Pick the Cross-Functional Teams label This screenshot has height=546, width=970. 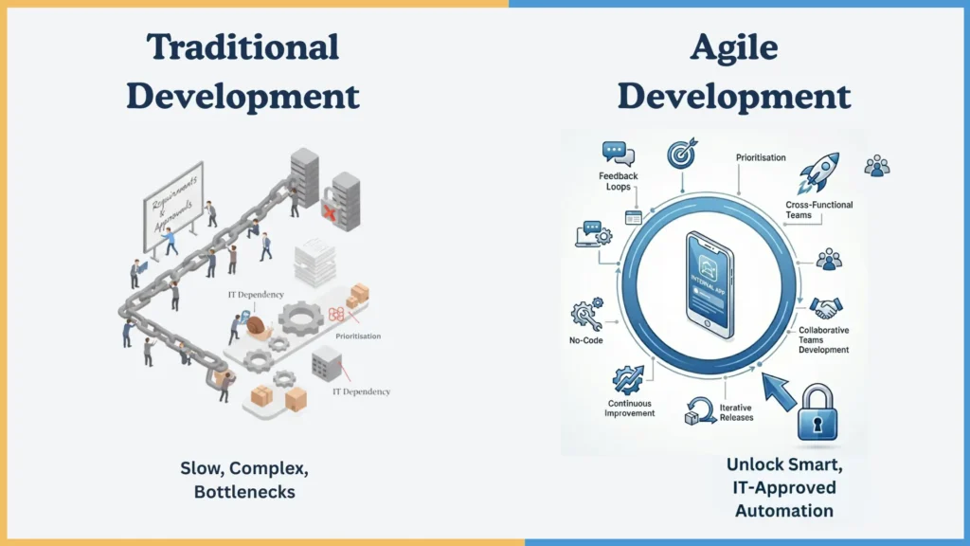pyautogui.click(x=818, y=209)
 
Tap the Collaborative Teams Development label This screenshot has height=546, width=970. pyautogui.click(x=823, y=339)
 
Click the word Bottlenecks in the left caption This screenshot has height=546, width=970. pyautogui.click(x=244, y=493)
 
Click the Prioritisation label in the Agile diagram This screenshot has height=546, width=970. pyautogui.click(x=761, y=157)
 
